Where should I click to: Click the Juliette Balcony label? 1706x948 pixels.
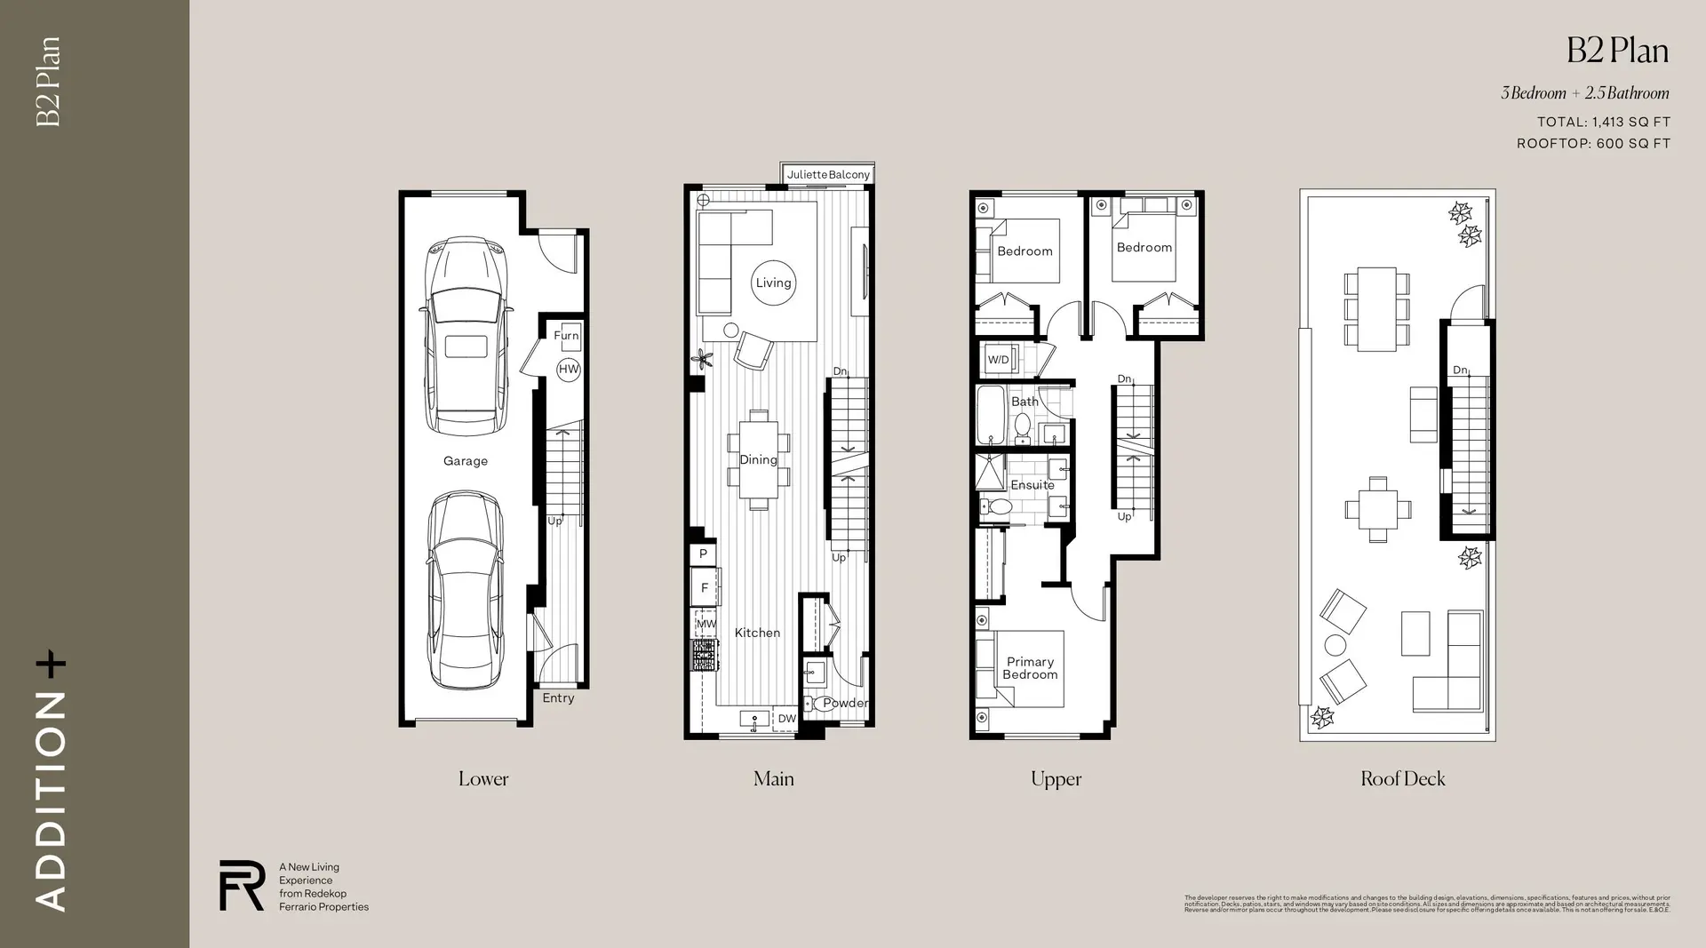pyautogui.click(x=828, y=175)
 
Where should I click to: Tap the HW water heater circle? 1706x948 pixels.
pyautogui.click(x=569, y=370)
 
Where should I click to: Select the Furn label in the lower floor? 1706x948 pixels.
pyautogui.click(x=566, y=335)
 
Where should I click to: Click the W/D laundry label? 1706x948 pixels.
pyautogui.click(x=999, y=360)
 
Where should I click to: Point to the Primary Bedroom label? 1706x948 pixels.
pyautogui.click(x=1030, y=668)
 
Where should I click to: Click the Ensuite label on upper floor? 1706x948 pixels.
pyautogui.click(x=1032, y=485)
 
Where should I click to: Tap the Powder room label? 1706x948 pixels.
pyautogui.click(x=845, y=703)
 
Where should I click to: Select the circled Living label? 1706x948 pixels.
pyautogui.click(x=773, y=283)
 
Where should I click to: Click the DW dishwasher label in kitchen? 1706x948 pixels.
pyautogui.click(x=787, y=719)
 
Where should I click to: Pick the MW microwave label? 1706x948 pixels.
pyautogui.click(x=706, y=624)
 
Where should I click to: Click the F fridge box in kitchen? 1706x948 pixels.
pyautogui.click(x=705, y=587)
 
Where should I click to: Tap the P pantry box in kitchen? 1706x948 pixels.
pyautogui.click(x=703, y=554)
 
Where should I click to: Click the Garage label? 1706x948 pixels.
pyautogui.click(x=466, y=461)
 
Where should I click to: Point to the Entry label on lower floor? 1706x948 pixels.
pyautogui.click(x=558, y=698)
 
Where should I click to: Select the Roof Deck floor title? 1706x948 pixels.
pyautogui.click(x=1402, y=779)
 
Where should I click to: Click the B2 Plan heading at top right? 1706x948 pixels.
pyautogui.click(x=1617, y=51)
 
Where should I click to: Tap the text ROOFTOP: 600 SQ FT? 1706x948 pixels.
pyautogui.click(x=1593, y=143)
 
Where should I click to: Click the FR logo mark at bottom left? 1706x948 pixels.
pyautogui.click(x=242, y=885)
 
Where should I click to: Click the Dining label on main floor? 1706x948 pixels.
pyautogui.click(x=758, y=459)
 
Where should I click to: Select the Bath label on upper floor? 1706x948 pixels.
pyautogui.click(x=1024, y=402)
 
